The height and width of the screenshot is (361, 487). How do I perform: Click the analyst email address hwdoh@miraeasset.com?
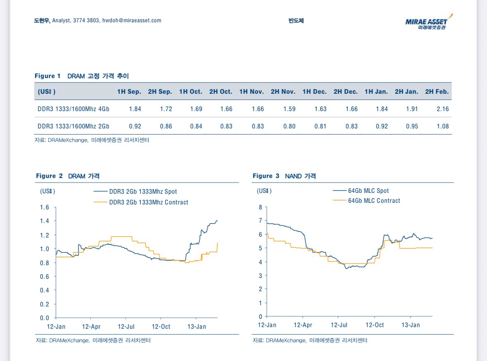tap(132, 20)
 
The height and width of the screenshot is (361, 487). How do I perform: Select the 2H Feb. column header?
tap(437, 92)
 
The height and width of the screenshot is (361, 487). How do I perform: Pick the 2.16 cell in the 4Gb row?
tap(442, 109)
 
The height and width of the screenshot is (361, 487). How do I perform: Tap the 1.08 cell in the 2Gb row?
tap(442, 126)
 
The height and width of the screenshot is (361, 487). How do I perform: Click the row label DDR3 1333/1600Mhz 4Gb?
tap(74, 109)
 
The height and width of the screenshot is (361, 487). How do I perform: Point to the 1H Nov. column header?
tap(252, 92)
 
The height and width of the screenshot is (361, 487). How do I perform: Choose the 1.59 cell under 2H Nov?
tap(289, 109)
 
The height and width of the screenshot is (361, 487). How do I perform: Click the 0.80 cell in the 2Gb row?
tap(289, 126)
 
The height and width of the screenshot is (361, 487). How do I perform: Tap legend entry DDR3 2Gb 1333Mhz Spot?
tap(143, 192)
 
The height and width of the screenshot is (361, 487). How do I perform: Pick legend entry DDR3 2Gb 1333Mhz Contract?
tap(148, 202)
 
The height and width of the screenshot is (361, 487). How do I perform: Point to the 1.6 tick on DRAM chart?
tap(44, 207)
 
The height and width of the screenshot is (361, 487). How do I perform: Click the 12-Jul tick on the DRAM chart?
tap(126, 327)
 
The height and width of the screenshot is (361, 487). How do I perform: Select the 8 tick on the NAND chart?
tap(260, 207)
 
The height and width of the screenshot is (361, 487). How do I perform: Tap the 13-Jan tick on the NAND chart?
tap(411, 325)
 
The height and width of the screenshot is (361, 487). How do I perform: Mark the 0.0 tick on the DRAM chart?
tap(44, 318)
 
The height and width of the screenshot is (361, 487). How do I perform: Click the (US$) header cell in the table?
tap(46, 92)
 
